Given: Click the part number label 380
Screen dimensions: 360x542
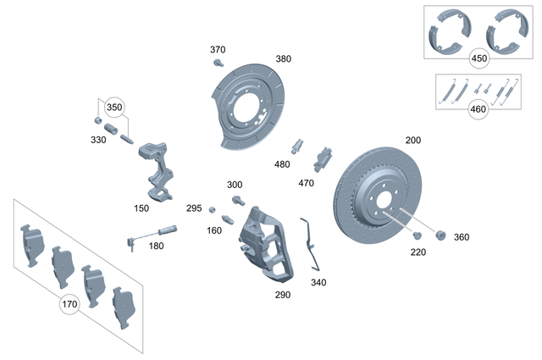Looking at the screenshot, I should (283, 59).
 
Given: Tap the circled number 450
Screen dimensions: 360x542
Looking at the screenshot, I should (479, 58).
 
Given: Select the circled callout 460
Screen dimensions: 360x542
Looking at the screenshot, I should (479, 110).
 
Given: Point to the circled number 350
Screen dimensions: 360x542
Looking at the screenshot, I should (113, 108).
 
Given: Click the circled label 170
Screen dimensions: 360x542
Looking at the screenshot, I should (69, 303).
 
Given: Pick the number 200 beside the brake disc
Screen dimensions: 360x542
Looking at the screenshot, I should (413, 140).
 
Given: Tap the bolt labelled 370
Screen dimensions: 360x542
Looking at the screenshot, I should (218, 64).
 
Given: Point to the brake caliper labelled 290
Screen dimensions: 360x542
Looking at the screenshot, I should (263, 246).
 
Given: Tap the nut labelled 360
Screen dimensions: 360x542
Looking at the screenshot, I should (440, 235).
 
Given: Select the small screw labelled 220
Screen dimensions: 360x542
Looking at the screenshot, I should (418, 234).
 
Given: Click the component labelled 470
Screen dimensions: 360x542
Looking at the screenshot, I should (324, 158).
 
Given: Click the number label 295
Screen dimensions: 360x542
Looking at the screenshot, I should (194, 208).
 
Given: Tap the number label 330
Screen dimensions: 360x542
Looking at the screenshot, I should (98, 140).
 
